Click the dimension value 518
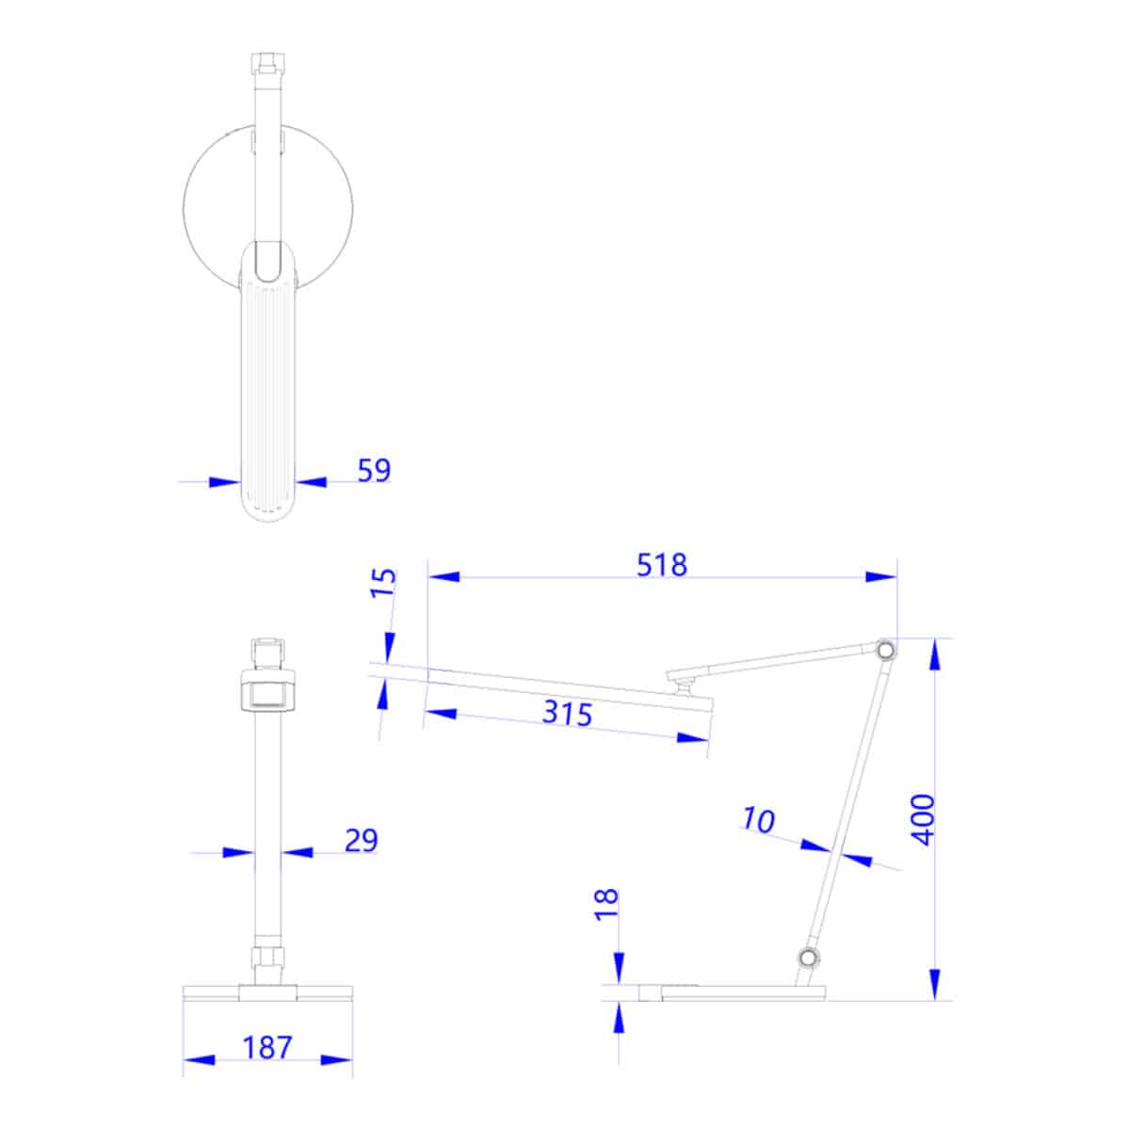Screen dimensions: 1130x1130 tap(662, 565)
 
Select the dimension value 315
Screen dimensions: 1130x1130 tap(567, 713)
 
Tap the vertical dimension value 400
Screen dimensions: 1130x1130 tap(925, 818)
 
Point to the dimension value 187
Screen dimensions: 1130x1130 tap(267, 1047)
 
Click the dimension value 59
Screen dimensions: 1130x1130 tap(373, 470)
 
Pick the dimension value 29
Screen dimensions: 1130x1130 tap(361, 840)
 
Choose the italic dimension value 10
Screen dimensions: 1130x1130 tap(758, 820)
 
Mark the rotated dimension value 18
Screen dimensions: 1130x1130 tap(607, 903)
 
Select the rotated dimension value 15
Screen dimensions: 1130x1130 tap(383, 584)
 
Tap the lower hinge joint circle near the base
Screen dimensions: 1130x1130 tap(807, 959)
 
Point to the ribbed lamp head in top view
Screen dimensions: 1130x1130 tap(269, 395)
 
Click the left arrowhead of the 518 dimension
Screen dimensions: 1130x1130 tap(444, 576)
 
